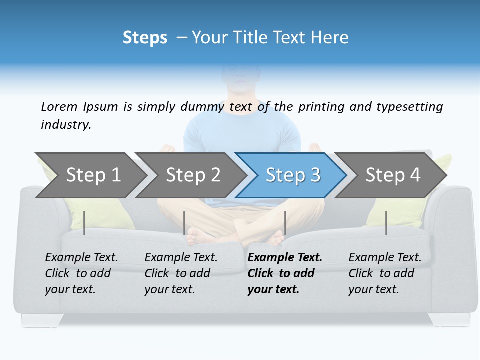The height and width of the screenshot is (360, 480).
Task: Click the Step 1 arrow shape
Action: [90, 175]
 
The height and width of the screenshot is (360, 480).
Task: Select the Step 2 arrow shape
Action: [190, 175]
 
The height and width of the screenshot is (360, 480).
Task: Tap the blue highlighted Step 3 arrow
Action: [291, 175]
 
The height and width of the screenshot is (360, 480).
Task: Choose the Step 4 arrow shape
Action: [391, 175]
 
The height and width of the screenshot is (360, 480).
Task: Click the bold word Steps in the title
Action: [145, 37]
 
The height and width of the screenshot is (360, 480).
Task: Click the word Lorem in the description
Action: [59, 106]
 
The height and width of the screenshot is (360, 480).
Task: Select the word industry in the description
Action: [65, 124]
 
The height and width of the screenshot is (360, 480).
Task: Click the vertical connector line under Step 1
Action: [84, 223]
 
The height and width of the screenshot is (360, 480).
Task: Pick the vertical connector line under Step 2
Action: [184, 223]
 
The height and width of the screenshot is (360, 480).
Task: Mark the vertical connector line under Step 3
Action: [285, 223]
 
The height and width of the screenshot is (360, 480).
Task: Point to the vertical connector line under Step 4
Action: [386, 223]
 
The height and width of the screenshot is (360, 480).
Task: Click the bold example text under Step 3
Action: [285, 273]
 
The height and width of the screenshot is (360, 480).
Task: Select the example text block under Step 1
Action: [81, 273]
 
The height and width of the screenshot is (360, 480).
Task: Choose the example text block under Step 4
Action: [385, 273]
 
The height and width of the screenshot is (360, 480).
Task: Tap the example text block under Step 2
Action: [181, 273]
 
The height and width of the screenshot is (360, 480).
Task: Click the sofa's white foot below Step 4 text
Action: [449, 320]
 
